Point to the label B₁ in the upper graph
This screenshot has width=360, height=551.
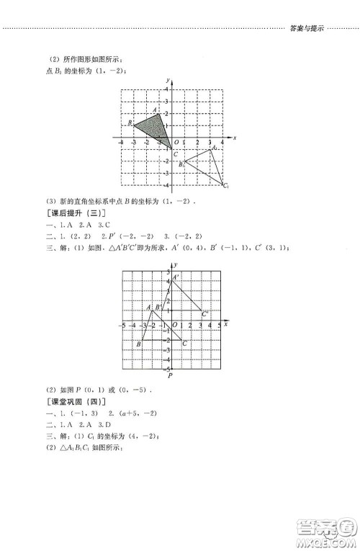coord(181,165)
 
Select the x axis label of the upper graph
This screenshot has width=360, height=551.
coord(235,136)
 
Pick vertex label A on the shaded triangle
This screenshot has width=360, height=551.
coord(154,109)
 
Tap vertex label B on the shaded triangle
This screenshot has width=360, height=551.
coord(130,123)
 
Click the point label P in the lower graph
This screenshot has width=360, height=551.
coord(171,375)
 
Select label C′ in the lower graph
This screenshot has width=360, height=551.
coord(205,314)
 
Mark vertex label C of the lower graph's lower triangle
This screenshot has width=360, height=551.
coord(184,343)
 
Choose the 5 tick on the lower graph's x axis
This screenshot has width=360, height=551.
coord(219,326)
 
